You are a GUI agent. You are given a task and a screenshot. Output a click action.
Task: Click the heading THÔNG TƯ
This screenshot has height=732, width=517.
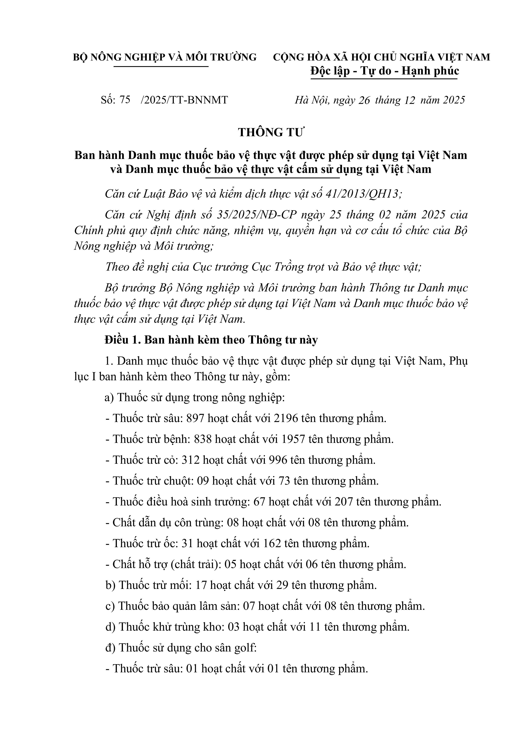click(x=271, y=132)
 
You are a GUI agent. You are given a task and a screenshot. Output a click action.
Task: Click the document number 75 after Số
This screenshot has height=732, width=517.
click(x=125, y=100)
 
